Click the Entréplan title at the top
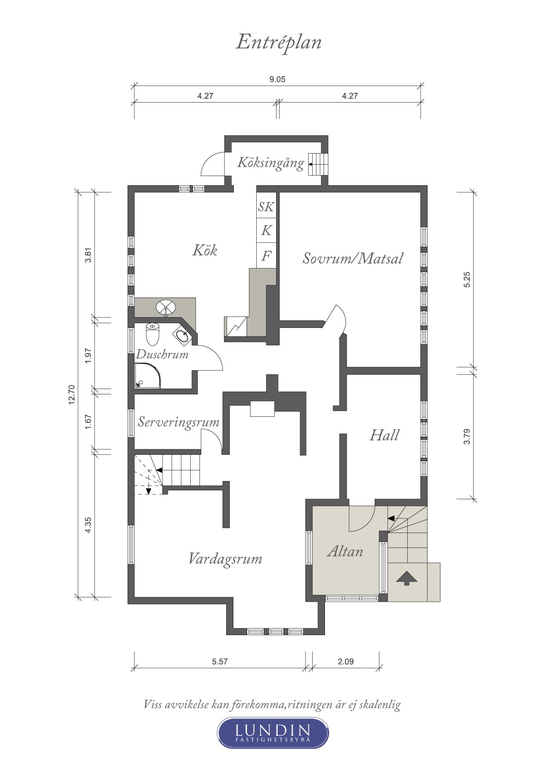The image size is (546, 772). click(279, 43)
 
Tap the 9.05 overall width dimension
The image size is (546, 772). click(277, 79)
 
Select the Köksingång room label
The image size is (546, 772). click(270, 162)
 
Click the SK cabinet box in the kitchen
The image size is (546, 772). click(266, 206)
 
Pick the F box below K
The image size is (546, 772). click(266, 256)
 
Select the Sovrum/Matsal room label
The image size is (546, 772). click(352, 258)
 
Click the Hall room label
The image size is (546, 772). click(384, 435)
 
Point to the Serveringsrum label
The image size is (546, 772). click(178, 422)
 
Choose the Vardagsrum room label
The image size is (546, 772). click(225, 559)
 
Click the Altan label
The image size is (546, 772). click(345, 551)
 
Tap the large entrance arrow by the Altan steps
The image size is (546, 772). click(406, 578)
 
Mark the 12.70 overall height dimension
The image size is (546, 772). click(72, 394)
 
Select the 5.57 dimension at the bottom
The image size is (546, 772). click(220, 662)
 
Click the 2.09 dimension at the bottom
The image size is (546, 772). click(346, 662)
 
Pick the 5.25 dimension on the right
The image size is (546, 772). click(467, 280)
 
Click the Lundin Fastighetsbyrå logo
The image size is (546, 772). click(273, 733)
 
